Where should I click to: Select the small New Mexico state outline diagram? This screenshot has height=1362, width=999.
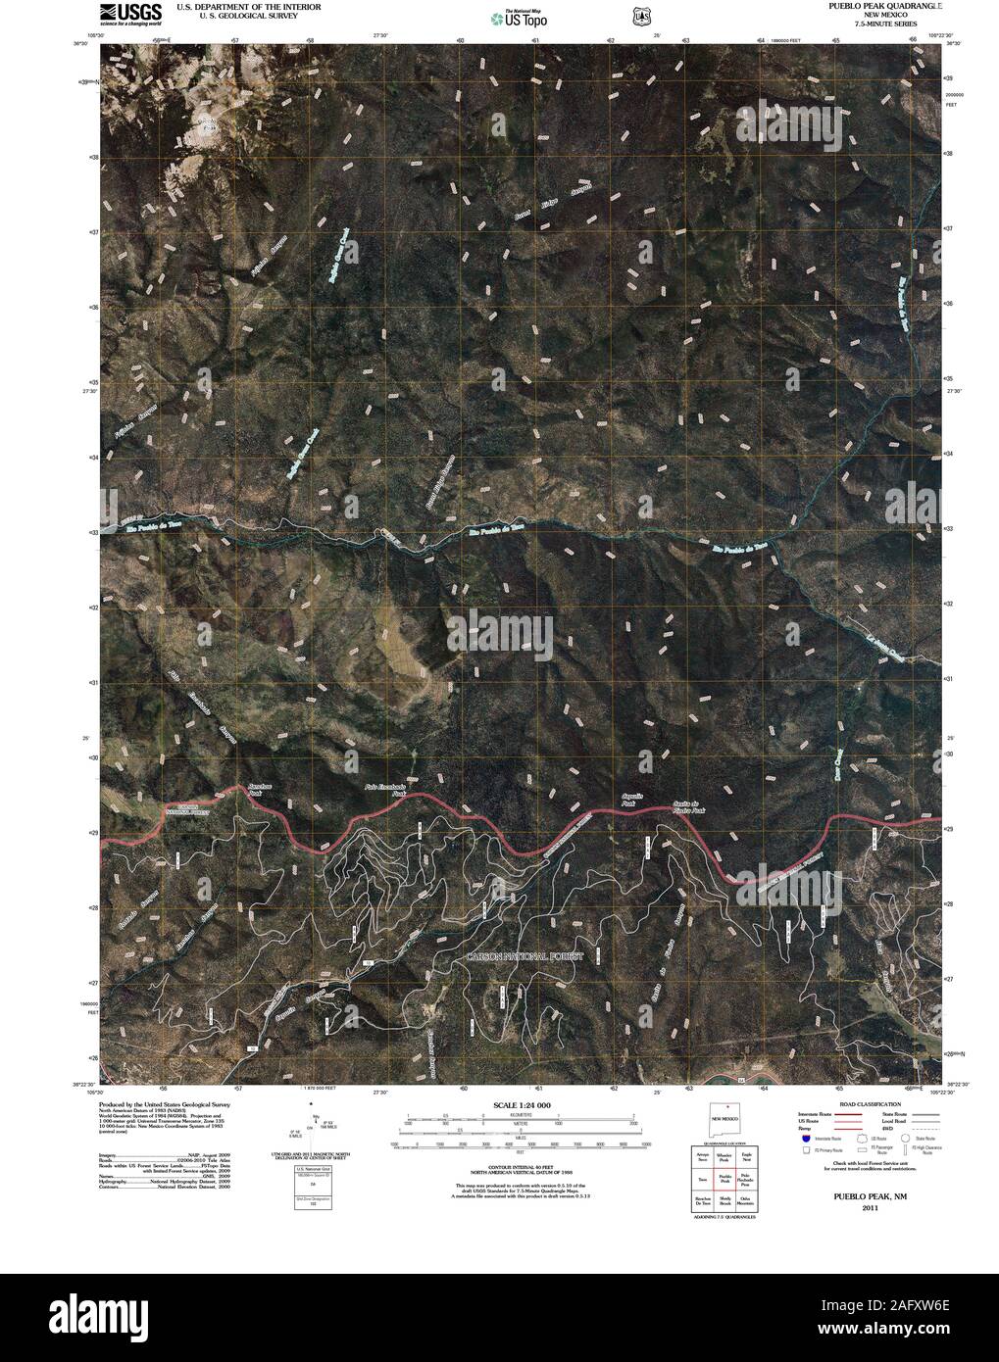[723, 1118]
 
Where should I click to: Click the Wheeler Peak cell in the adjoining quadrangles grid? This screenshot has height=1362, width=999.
[724, 1158]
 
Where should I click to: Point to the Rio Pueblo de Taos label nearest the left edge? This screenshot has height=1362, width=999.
[155, 526]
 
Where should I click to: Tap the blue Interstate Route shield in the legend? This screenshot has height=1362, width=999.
[806, 1139]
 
